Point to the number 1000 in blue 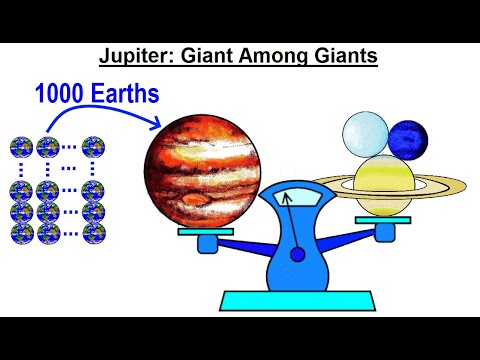click(62, 95)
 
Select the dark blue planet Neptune click(407, 138)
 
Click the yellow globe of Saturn click(384, 185)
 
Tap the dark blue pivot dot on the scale click(297, 255)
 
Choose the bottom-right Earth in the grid click(95, 233)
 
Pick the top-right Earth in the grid click(95, 148)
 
